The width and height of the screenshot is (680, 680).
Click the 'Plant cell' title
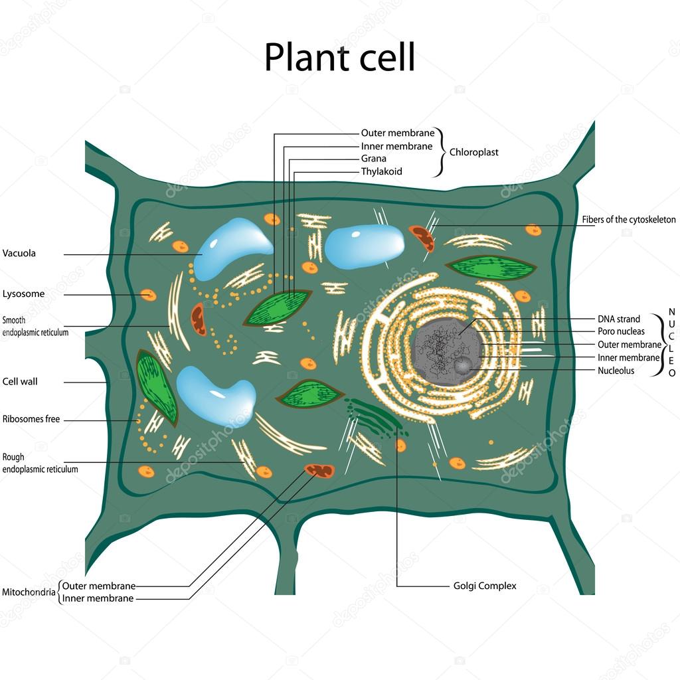[x=339, y=57]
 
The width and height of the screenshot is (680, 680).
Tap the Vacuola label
[x=19, y=253]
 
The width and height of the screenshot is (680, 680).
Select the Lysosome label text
[x=24, y=294]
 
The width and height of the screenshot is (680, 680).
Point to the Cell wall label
[x=20, y=382]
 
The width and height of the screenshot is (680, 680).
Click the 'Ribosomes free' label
[x=31, y=419]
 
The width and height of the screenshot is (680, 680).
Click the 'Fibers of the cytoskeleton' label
[x=628, y=219]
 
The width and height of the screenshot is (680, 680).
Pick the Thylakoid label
[x=381, y=171]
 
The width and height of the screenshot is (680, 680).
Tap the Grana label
[x=373, y=159]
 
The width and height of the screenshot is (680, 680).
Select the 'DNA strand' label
[x=619, y=319]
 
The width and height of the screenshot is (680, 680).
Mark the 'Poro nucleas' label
[x=621, y=331]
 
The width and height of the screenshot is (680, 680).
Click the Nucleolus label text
[x=616, y=371]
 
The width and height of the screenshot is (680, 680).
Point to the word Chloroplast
[x=473, y=152]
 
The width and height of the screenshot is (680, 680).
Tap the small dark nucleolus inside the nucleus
[x=463, y=364]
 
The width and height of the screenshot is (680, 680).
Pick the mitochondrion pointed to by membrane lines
[x=319, y=471]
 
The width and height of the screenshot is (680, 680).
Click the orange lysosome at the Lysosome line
[x=148, y=294]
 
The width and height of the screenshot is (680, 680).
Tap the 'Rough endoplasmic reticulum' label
[x=40, y=463]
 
